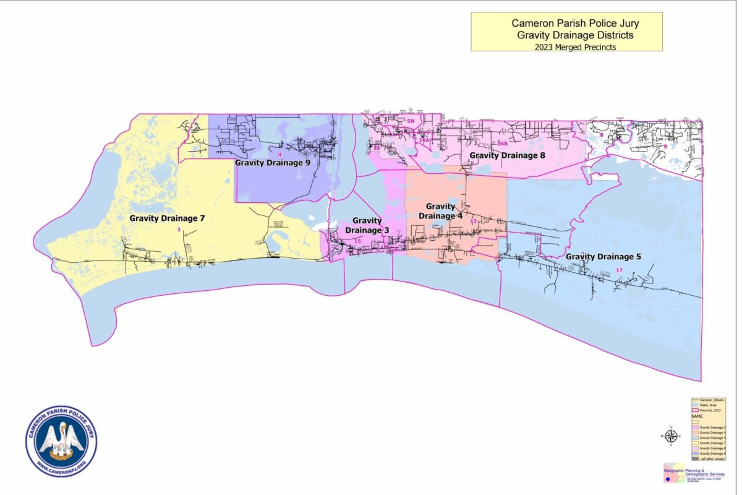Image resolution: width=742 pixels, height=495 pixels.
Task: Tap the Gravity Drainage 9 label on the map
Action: (272, 163)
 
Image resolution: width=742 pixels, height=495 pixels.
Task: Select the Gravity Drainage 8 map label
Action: (507, 155)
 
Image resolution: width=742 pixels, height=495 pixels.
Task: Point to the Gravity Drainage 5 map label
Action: (603, 256)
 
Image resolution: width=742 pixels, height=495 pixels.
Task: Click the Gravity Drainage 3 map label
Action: (367, 225)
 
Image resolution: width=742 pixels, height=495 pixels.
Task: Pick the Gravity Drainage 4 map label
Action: (440, 211)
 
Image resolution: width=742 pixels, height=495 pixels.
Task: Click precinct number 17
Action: (620, 270)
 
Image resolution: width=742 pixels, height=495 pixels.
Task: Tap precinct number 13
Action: (474, 221)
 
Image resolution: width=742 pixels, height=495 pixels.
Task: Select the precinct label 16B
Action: (501, 144)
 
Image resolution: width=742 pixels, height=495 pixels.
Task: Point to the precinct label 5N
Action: (410, 121)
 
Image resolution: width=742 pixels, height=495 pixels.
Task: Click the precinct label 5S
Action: (376, 148)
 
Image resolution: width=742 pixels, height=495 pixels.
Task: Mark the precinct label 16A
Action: (424, 140)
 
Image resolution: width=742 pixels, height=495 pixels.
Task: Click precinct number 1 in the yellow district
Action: (179, 230)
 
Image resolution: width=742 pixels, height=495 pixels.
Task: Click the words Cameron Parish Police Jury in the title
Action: (566, 24)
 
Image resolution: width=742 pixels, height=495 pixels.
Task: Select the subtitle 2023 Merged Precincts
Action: (566, 46)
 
